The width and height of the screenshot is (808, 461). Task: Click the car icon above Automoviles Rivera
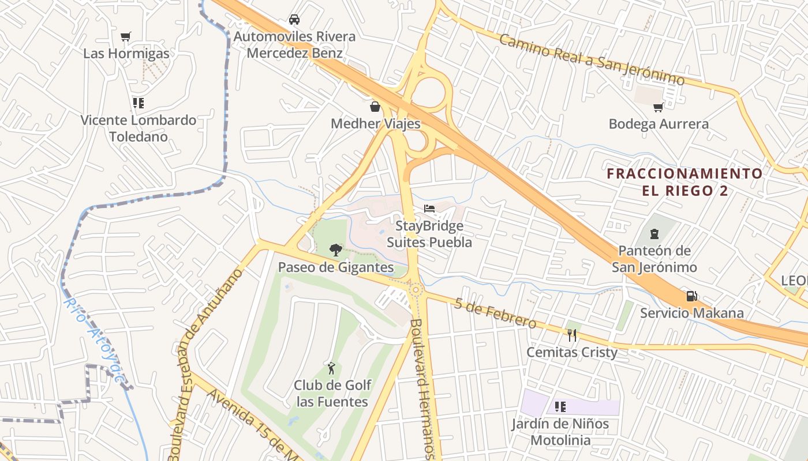click(x=294, y=19)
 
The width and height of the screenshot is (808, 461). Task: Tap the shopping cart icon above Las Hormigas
click(x=125, y=36)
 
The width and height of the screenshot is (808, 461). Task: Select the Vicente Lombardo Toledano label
click(x=139, y=128)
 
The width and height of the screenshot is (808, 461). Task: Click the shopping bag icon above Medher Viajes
click(x=375, y=106)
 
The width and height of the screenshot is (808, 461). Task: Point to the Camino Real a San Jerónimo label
click(x=591, y=59)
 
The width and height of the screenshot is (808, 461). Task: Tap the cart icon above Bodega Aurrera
click(x=658, y=107)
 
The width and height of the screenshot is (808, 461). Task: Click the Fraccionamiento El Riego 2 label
click(x=684, y=182)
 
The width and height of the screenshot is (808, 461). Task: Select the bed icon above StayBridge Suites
click(x=429, y=208)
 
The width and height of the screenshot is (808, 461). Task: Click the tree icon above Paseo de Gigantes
click(x=335, y=250)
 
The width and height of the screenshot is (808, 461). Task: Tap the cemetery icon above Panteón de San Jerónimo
click(x=654, y=233)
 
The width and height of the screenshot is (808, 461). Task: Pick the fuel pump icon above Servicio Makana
click(x=691, y=296)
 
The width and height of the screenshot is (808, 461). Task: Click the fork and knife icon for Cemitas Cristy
click(x=571, y=334)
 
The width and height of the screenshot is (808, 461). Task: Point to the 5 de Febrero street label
click(x=495, y=313)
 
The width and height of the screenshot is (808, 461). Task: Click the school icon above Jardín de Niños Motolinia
click(x=560, y=407)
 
